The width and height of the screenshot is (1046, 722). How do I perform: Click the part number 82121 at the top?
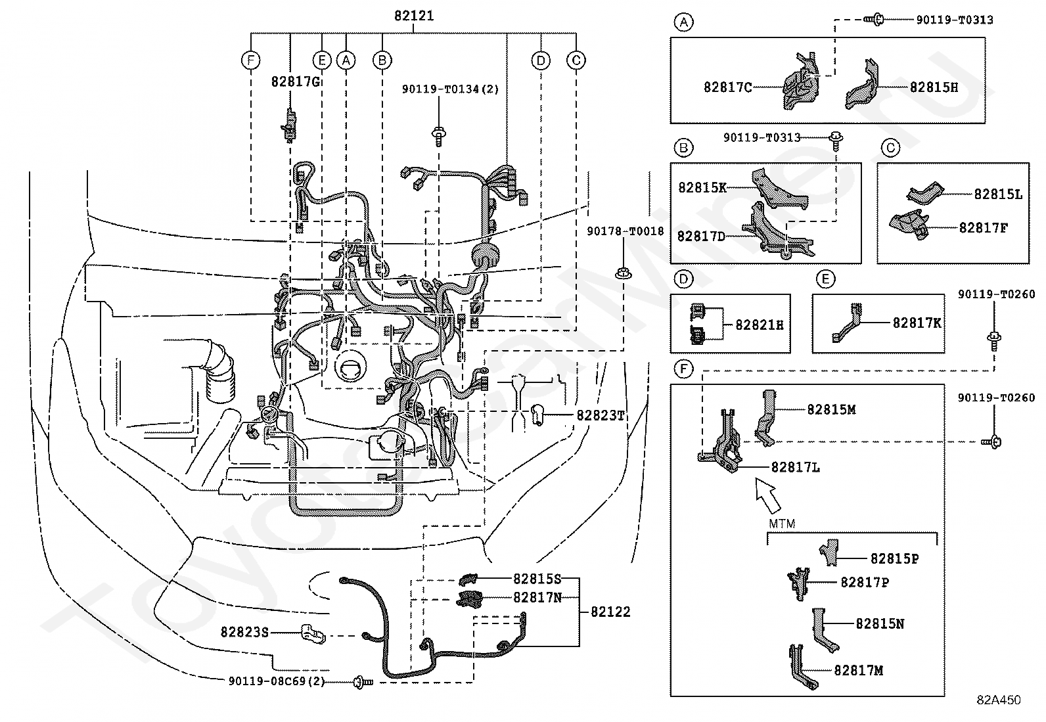(x=414, y=16)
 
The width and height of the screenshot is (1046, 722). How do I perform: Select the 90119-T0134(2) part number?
(x=450, y=89)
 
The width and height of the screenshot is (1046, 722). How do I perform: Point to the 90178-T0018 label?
(x=625, y=231)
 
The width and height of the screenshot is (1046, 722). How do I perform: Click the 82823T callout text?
(x=601, y=415)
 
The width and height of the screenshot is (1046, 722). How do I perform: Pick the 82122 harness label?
(x=610, y=612)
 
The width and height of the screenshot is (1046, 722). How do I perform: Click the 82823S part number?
(x=244, y=633)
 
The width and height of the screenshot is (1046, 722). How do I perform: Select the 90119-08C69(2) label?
(x=277, y=681)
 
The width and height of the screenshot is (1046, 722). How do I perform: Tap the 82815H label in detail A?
(x=934, y=87)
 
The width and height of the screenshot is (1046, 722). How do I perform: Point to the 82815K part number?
(x=702, y=188)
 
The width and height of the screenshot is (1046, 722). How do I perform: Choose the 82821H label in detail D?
(x=760, y=325)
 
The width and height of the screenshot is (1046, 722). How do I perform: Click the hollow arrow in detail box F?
(x=767, y=495)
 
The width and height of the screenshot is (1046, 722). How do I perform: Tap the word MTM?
(x=782, y=524)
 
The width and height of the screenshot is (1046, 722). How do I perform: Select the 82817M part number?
(x=858, y=671)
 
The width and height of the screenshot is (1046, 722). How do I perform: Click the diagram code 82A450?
(x=999, y=700)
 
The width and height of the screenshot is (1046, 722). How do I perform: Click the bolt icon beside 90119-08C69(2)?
(x=363, y=683)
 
